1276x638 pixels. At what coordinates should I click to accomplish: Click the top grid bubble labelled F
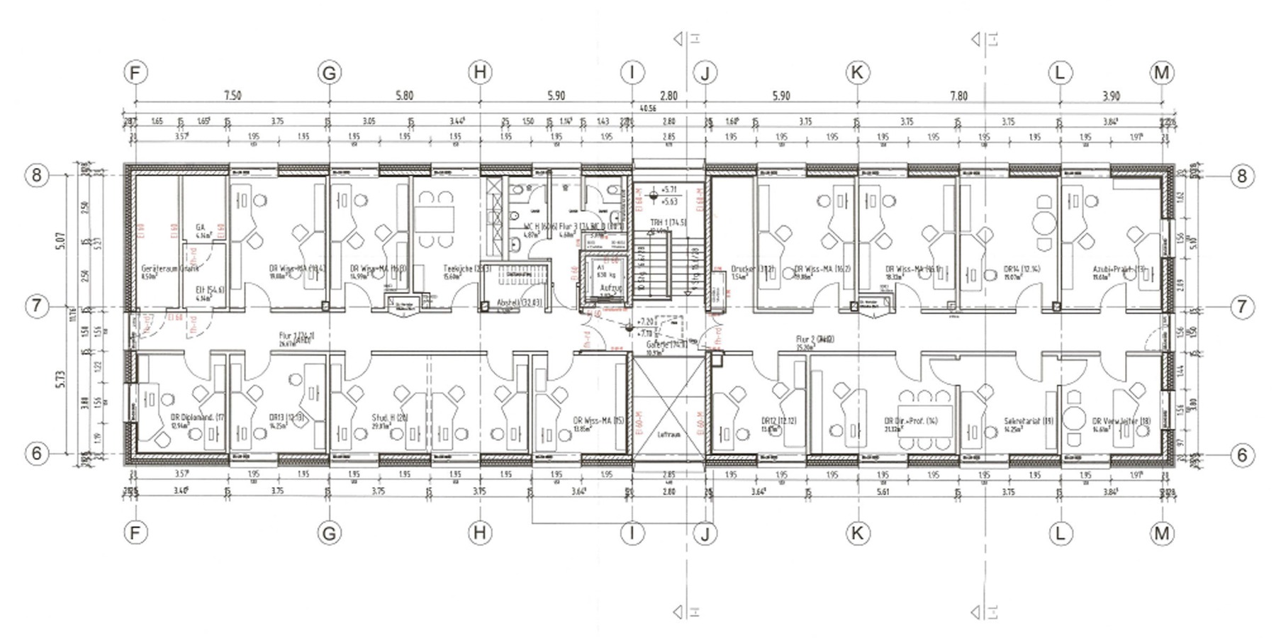[x=135, y=72]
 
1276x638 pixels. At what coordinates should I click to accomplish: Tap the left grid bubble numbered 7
[x=37, y=306]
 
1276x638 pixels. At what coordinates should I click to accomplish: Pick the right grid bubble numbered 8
[x=1241, y=176]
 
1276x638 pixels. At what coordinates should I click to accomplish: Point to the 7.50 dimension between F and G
[x=232, y=96]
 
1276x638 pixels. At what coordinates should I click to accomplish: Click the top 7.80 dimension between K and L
[x=958, y=96]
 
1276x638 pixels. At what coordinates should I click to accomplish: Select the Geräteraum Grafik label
[x=169, y=269]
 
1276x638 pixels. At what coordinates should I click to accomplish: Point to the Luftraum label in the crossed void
[x=668, y=434]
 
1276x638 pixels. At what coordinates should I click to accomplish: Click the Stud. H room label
[x=390, y=418]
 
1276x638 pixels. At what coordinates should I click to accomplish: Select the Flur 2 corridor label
[x=814, y=340]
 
